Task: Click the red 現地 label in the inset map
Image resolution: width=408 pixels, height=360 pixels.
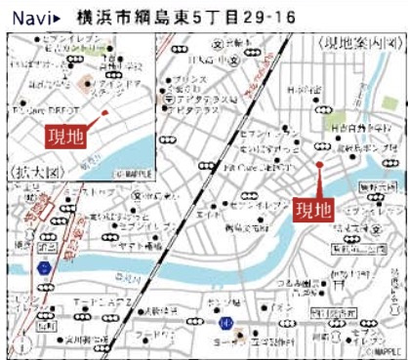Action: click(64, 135)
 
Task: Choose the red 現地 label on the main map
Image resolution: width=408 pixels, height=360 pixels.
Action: click(314, 209)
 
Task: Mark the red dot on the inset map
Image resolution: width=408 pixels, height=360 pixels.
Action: click(103, 113)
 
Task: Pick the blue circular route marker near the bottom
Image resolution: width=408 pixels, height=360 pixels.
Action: click(225, 323)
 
